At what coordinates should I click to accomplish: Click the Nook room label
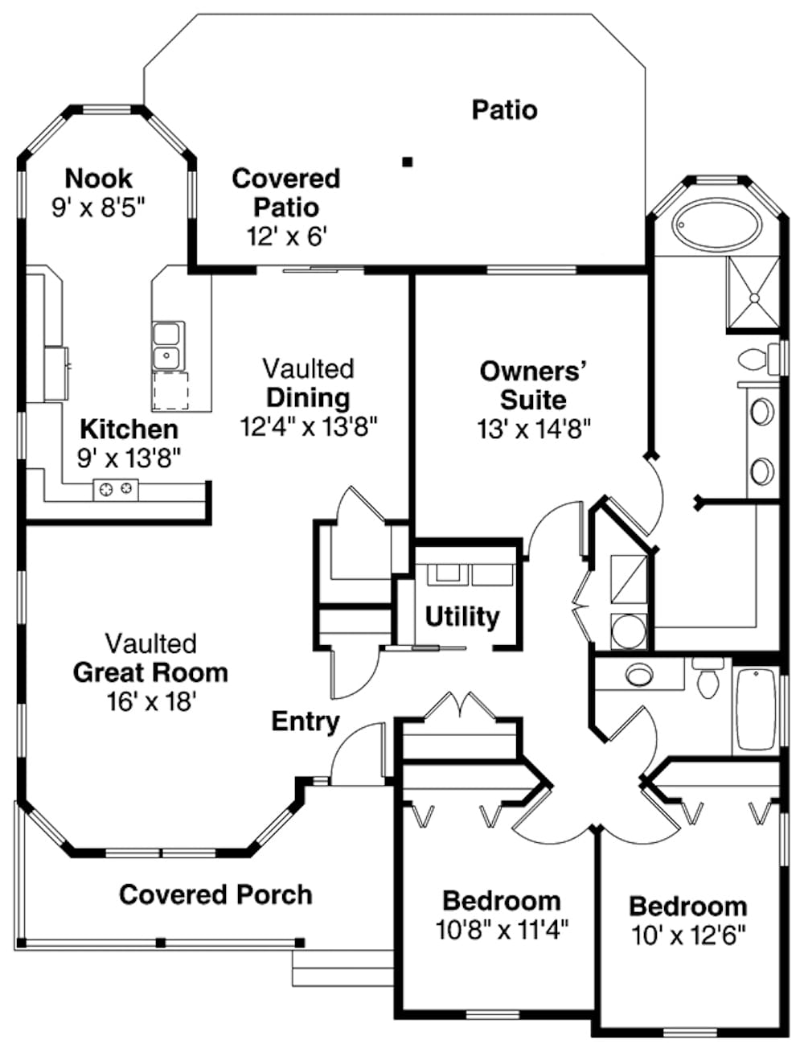coord(98,178)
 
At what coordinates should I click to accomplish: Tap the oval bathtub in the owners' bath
coord(716,227)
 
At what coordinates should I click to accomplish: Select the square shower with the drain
coord(753,294)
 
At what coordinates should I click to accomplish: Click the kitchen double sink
coord(168,345)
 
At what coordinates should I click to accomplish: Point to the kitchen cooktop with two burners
coord(116,488)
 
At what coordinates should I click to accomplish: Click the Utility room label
coord(461,617)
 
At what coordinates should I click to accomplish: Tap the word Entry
coord(305,721)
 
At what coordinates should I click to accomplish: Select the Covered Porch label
coord(215,894)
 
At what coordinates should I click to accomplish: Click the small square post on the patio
coord(408,162)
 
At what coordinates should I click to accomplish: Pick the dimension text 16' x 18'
coord(151,701)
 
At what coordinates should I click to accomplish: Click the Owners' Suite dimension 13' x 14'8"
coord(533,429)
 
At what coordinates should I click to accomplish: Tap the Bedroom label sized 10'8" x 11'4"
coord(501,901)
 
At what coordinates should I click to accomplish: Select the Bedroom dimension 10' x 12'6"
coord(687,935)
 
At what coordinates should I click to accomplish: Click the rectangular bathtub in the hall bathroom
coord(755,711)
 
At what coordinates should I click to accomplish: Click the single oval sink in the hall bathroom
coord(640,674)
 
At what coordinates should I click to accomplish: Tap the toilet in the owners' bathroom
coord(754,359)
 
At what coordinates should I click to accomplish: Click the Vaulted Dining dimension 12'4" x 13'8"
coord(309,426)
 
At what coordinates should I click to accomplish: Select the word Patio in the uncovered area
coord(504,109)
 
